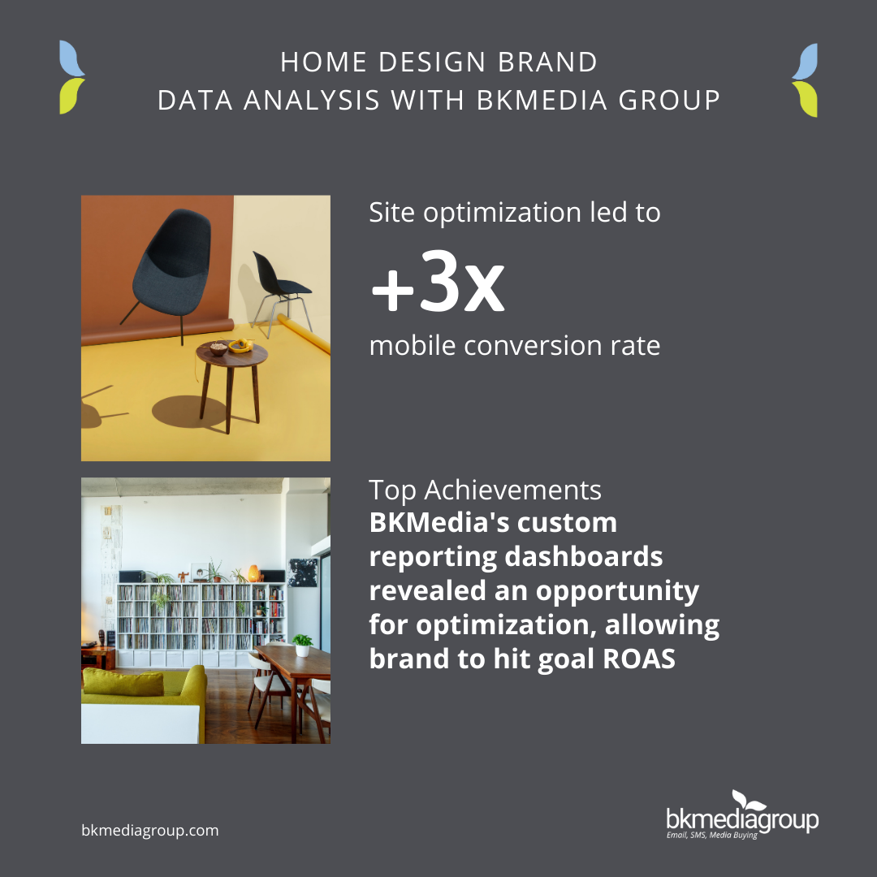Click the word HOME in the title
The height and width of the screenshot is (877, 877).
coord(323,62)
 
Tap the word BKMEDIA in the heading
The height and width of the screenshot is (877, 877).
coord(542,101)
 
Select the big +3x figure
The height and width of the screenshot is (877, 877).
coord(438,281)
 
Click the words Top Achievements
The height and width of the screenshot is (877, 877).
coord(485,490)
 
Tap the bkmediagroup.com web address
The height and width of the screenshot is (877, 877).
coord(150,831)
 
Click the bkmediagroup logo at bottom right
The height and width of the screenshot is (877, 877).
coord(742,814)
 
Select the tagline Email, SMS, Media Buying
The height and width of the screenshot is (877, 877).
coord(711,835)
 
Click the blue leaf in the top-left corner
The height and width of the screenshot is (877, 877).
coord(71,58)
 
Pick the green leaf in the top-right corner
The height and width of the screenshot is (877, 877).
coord(806,99)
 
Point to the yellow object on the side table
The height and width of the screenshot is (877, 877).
coord(241,346)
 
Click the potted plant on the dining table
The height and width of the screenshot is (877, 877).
coord(302,645)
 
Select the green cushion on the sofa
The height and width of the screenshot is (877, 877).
coord(123,682)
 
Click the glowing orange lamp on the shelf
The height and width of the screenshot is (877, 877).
coord(253,573)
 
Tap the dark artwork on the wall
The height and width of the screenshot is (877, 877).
coord(303,572)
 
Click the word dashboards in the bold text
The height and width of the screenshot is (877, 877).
coord(583,557)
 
